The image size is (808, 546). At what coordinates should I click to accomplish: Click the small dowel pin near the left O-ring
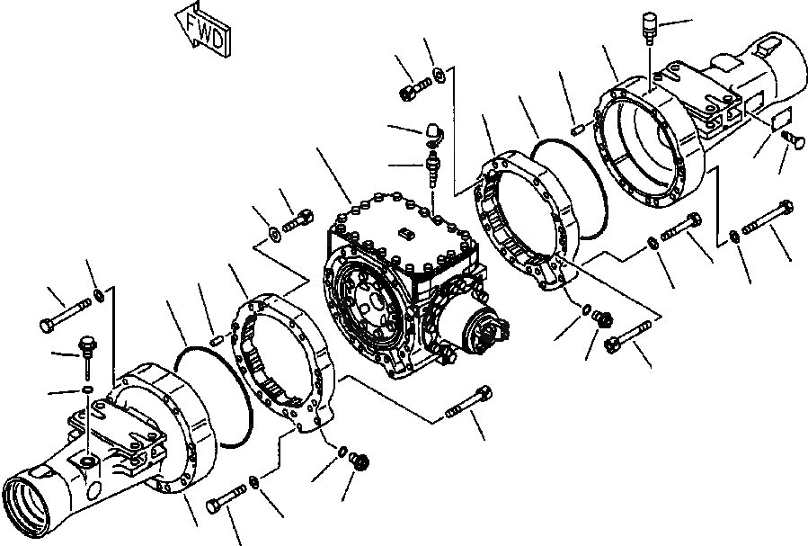click(x=217, y=338)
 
